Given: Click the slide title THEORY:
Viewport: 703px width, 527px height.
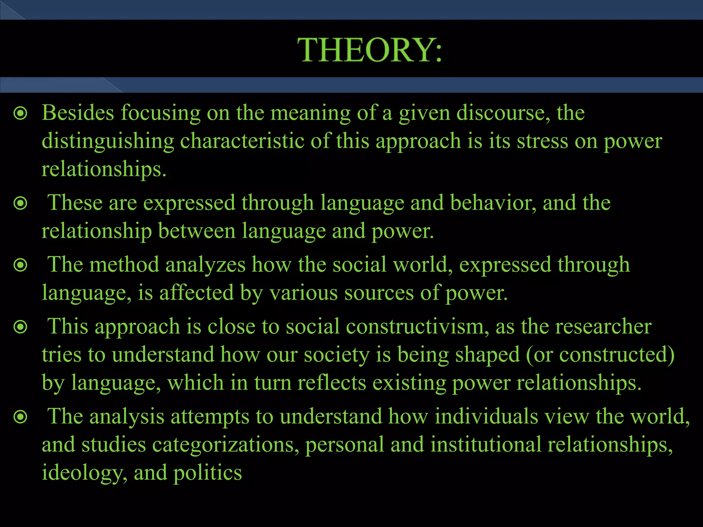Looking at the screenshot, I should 370,50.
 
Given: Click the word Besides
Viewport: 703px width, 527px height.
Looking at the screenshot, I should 78,113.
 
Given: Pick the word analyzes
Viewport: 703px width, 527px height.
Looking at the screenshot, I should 205,265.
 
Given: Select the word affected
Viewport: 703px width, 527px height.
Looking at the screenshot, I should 196,293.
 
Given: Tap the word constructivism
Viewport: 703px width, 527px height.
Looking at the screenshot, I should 417,326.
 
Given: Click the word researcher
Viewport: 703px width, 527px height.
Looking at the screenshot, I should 603,326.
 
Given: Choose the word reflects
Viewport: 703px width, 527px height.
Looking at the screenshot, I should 332,383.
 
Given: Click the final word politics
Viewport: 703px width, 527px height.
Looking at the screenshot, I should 207,473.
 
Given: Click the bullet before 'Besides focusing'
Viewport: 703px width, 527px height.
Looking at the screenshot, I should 21,113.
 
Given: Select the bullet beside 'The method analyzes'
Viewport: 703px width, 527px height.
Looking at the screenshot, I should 21,265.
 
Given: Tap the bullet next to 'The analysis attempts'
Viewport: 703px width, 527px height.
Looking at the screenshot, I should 21,417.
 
